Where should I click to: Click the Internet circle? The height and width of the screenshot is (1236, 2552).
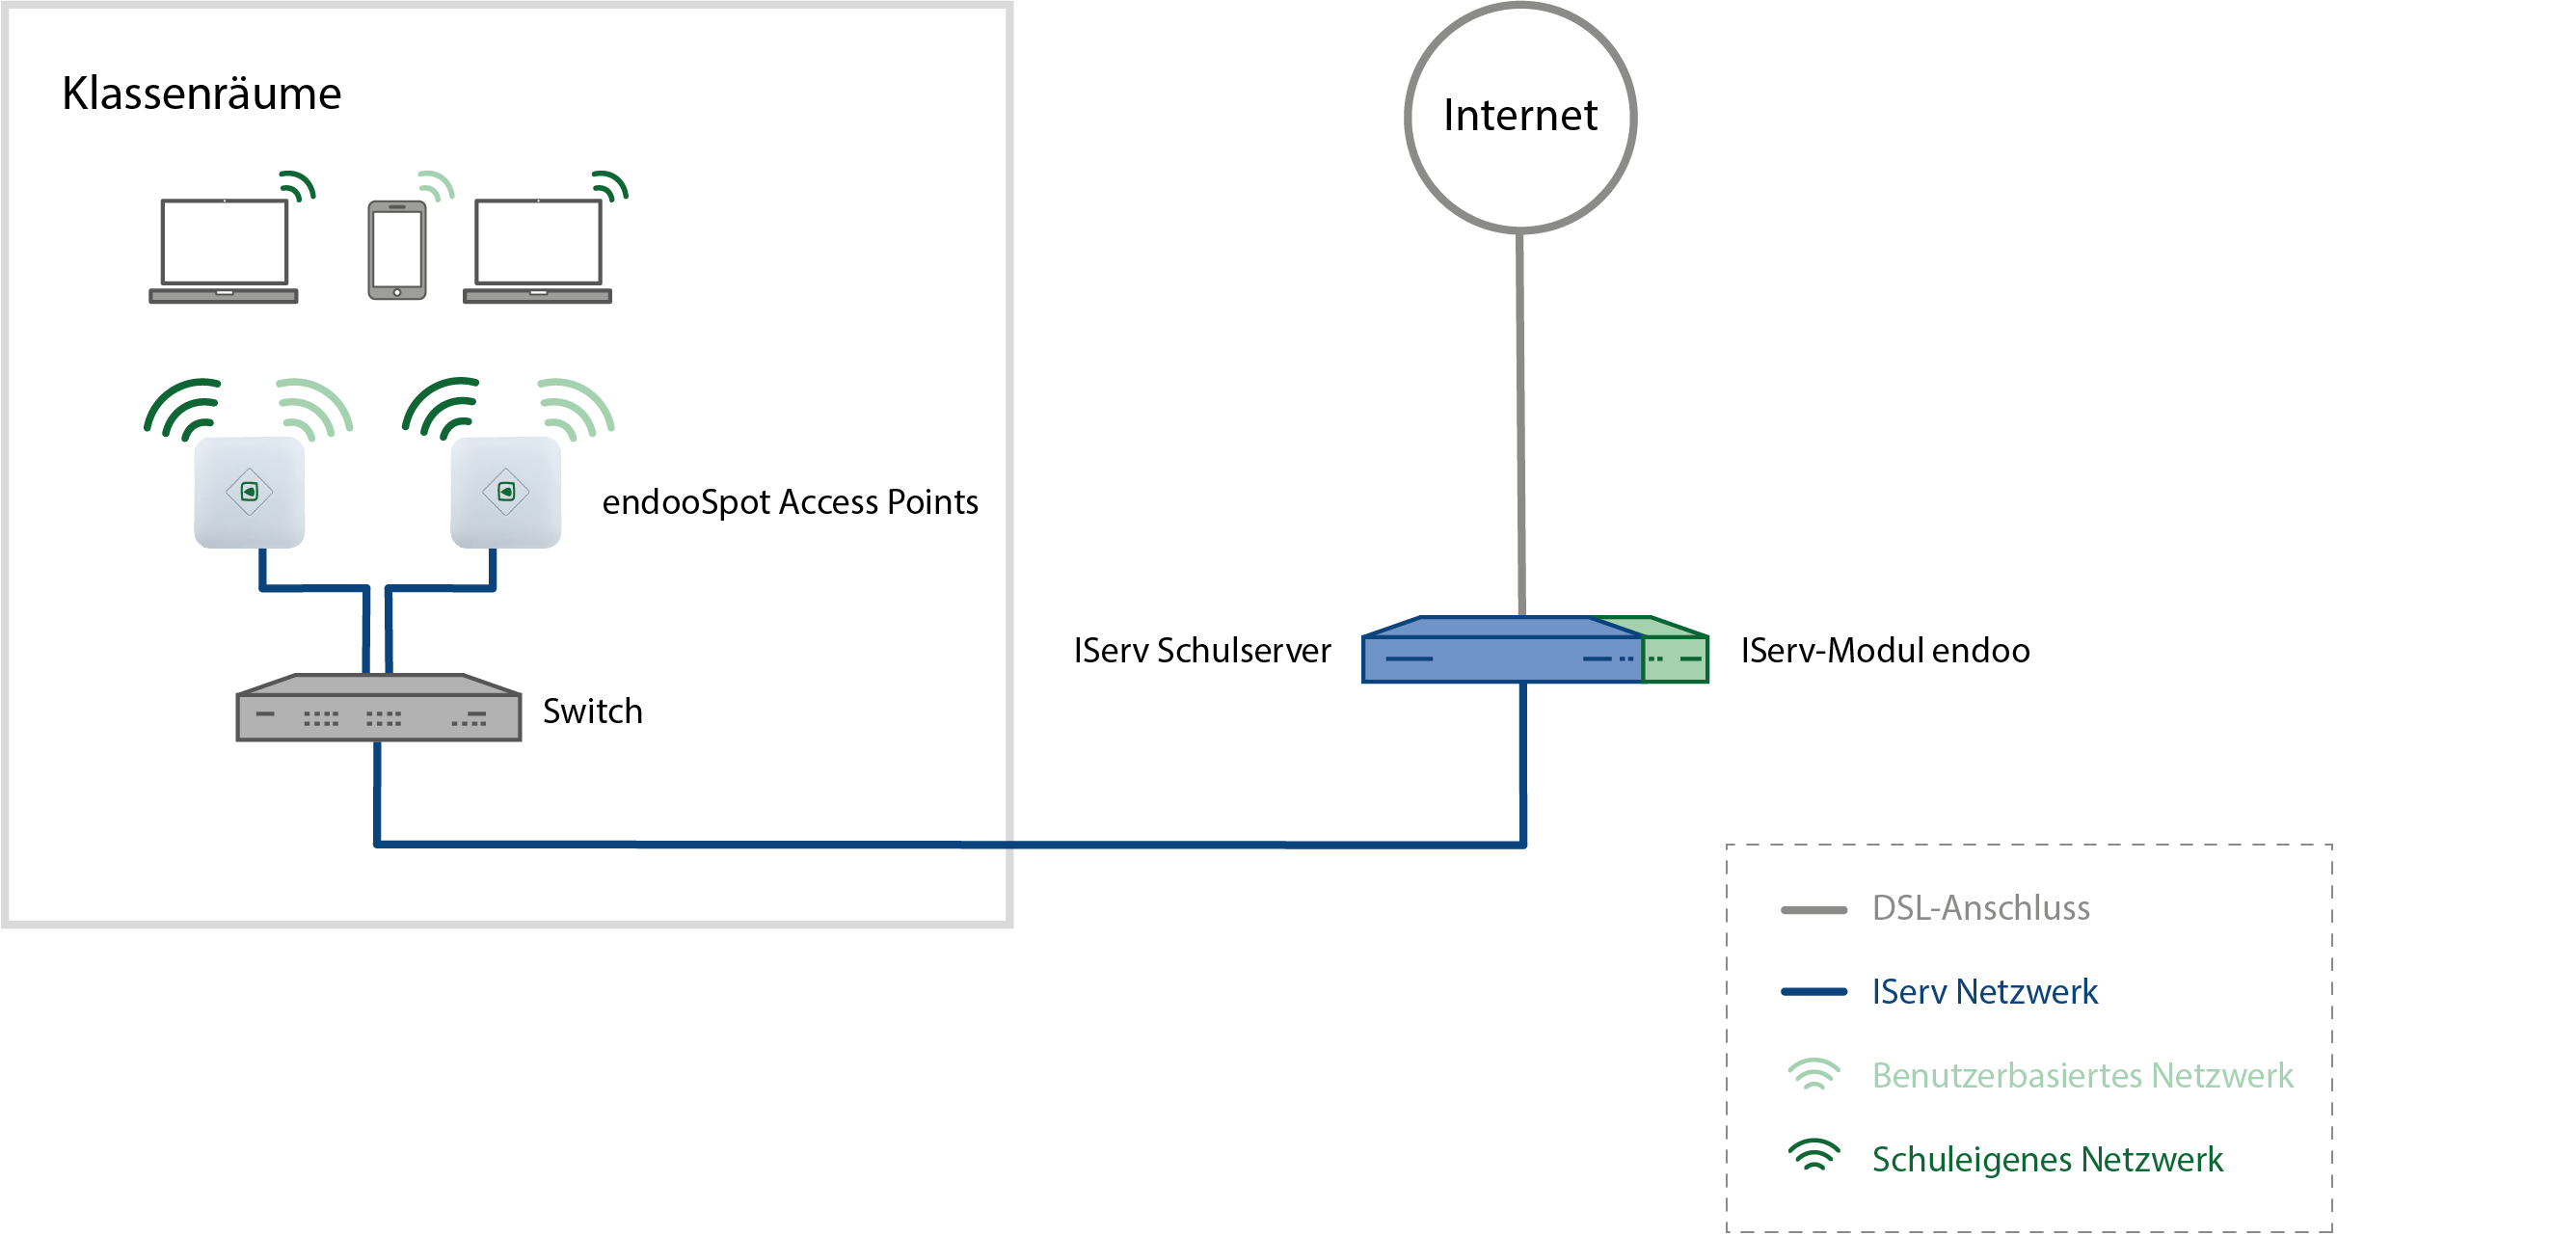pyautogui.click(x=1519, y=117)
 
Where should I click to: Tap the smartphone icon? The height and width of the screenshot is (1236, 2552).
pyautogui.click(x=396, y=250)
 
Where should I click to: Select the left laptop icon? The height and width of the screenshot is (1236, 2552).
pyautogui.click(x=224, y=251)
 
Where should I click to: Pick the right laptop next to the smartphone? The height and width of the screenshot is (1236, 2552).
pyautogui.click(x=537, y=251)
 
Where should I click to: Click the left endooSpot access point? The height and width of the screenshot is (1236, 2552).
pyautogui.click(x=249, y=493)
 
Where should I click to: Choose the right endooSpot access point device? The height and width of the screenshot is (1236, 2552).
pyautogui.click(x=505, y=493)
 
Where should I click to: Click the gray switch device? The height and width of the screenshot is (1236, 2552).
pyautogui.click(x=379, y=710)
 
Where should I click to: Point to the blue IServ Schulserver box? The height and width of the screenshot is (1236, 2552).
pyautogui.click(x=1500, y=652)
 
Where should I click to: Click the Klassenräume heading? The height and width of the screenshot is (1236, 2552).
pyautogui.click(x=201, y=94)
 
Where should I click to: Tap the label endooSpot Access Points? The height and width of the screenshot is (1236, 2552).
pyautogui.click(x=790, y=502)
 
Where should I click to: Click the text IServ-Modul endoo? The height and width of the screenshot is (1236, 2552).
pyautogui.click(x=1884, y=651)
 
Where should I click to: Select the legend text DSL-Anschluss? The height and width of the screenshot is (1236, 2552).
pyautogui.click(x=1979, y=908)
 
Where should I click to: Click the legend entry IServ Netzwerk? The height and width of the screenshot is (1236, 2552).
pyautogui.click(x=1983, y=991)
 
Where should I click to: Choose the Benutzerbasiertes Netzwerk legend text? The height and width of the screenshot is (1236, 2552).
pyautogui.click(x=2082, y=1076)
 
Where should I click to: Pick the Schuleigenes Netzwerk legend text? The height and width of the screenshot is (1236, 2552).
pyautogui.click(x=2047, y=1159)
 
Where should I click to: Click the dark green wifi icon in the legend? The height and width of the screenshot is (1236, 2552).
pyautogui.click(x=1813, y=1156)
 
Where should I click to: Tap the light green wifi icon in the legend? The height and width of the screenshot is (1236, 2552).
pyautogui.click(x=1813, y=1075)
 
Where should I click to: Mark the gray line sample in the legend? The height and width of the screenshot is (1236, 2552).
pyautogui.click(x=1813, y=910)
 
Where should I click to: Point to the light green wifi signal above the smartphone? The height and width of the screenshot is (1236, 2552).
pyautogui.click(x=436, y=185)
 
